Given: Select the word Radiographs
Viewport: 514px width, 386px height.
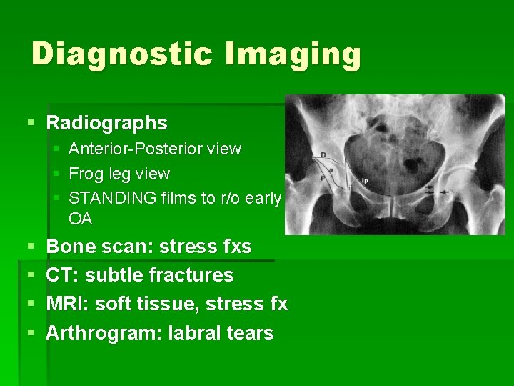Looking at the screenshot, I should point(106,123).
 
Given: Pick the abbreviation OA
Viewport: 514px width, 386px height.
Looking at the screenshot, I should point(80,219).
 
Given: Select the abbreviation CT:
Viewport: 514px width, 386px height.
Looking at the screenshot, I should point(59,275).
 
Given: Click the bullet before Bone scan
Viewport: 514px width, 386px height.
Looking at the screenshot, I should point(29,247).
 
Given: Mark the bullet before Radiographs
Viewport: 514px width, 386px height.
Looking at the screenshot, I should point(29,123).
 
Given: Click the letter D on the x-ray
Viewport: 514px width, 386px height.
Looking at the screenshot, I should point(323,154).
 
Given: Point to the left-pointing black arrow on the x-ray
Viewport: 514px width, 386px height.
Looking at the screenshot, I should point(450,192).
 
